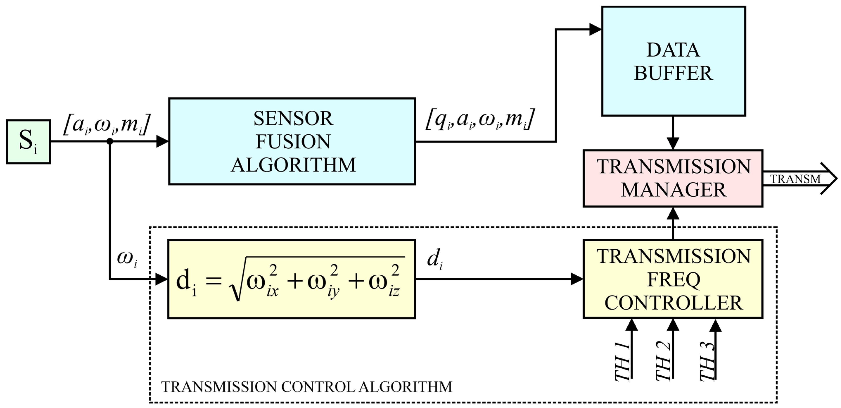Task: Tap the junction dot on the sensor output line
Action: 110,141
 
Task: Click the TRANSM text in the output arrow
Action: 795,179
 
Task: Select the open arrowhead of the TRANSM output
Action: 829,179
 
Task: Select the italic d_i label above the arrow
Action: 435,259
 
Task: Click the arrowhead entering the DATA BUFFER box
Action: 595,29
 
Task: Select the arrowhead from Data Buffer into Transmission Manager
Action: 673,143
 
